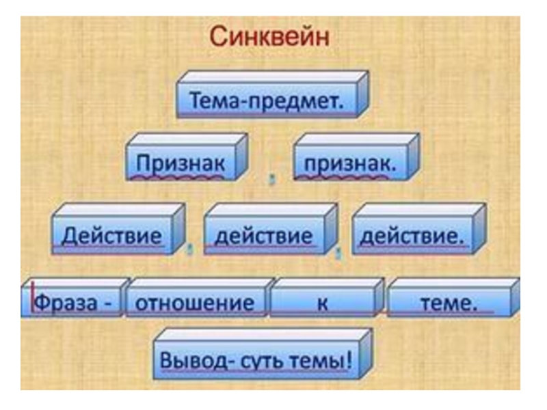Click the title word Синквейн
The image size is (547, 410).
coord(269,36)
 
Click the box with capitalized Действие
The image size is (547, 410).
coord(114,236)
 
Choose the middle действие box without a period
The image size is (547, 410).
coord(264,236)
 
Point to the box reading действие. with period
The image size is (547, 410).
coord(412,236)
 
